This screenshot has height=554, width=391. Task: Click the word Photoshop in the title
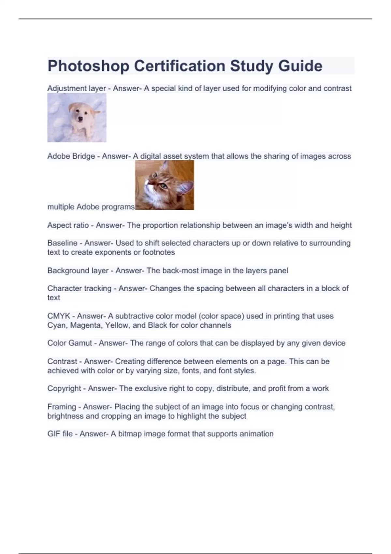click(x=88, y=66)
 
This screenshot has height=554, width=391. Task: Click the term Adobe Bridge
click(x=71, y=156)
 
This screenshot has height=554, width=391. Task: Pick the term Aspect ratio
click(x=68, y=225)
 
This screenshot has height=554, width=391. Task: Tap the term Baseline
click(x=62, y=243)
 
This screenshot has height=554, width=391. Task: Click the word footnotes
click(x=159, y=252)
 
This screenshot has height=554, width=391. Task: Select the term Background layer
click(x=78, y=271)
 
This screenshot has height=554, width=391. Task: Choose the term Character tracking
click(x=79, y=288)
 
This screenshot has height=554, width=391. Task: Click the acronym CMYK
click(x=59, y=316)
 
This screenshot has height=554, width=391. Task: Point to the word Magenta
click(x=85, y=325)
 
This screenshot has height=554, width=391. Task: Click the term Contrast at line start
click(x=62, y=361)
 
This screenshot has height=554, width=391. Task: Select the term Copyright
click(x=64, y=388)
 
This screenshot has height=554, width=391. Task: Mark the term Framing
click(x=62, y=407)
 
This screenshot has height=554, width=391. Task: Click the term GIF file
click(x=60, y=434)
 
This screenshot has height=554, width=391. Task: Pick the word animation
click(x=256, y=434)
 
